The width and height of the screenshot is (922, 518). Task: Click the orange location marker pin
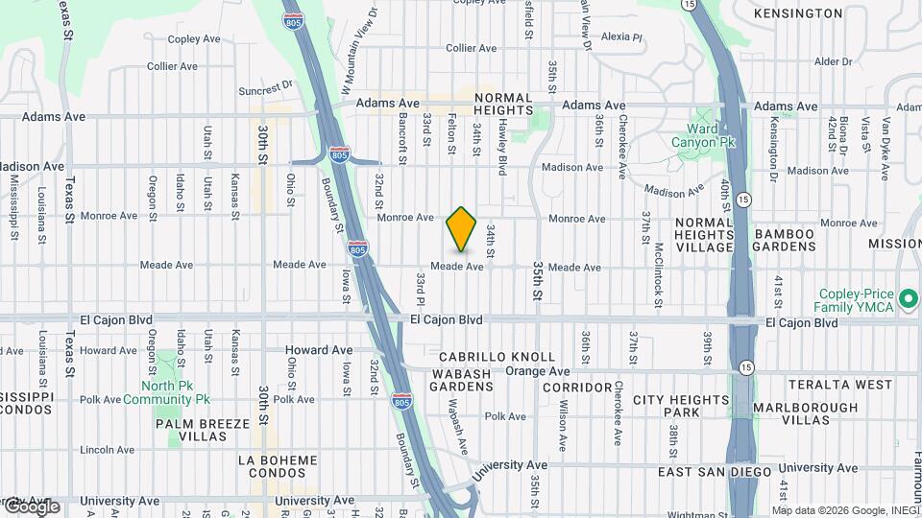point(462,229)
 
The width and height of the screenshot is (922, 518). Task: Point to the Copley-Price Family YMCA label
point(856,300)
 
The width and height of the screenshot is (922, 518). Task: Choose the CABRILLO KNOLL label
point(497,357)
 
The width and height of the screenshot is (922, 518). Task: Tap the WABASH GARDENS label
point(462,380)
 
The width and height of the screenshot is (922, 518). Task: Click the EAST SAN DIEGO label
point(714,472)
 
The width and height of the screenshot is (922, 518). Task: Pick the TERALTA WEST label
point(840,385)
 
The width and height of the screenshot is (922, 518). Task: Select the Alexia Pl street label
point(620,37)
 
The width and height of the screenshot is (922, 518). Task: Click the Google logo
point(31,506)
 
